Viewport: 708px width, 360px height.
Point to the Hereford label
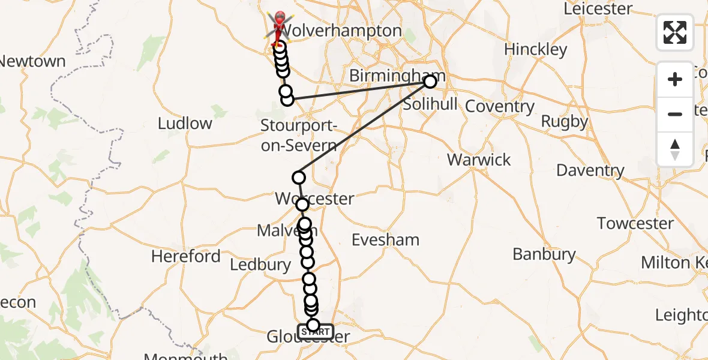point(186,257)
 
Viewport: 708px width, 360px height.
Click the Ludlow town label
point(185,124)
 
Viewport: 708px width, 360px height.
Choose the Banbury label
point(544,254)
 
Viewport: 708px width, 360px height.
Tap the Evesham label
point(385,240)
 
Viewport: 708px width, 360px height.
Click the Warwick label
point(479,160)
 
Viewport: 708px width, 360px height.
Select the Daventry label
point(590,170)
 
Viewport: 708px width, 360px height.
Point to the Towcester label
point(635,224)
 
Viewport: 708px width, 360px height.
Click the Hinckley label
point(536,49)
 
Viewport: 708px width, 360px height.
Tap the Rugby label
point(564,122)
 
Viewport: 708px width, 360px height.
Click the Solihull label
point(430,104)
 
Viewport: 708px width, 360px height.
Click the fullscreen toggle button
point(675,32)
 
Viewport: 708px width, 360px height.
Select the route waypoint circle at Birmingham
point(430,82)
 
